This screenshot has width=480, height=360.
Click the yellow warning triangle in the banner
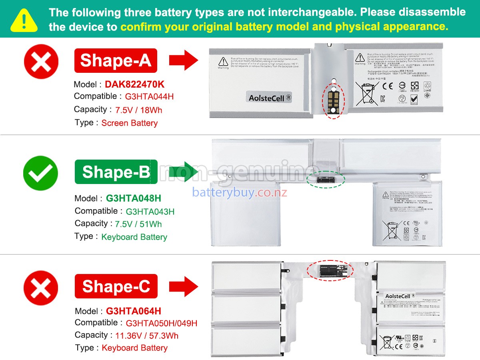click(x=24, y=20)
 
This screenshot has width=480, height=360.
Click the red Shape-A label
click(x=116, y=60)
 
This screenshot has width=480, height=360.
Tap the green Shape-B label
click(x=116, y=172)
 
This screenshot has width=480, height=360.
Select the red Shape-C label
click(x=116, y=286)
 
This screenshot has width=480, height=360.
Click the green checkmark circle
click(x=40, y=173)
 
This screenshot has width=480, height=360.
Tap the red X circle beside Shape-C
click(x=41, y=288)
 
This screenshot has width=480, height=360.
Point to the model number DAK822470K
click(x=134, y=84)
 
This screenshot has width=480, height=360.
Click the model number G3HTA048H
click(x=134, y=198)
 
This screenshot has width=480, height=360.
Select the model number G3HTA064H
click(x=134, y=311)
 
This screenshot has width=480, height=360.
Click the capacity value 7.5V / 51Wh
click(x=138, y=224)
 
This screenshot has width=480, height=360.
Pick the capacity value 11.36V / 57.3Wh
click(x=147, y=336)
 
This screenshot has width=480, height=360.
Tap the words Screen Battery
click(x=130, y=123)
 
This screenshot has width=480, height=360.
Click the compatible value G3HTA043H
click(x=150, y=212)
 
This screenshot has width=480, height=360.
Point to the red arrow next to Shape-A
click(x=184, y=61)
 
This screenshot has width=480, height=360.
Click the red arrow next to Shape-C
click(x=184, y=286)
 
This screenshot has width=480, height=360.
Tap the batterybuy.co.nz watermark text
click(x=240, y=192)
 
